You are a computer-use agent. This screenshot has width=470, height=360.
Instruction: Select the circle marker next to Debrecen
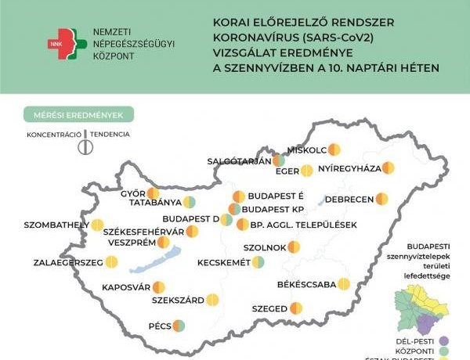(x=381, y=199)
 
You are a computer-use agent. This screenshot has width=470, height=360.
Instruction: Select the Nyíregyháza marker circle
(x=388, y=167)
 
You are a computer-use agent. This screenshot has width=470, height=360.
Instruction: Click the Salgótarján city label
(x=238, y=161)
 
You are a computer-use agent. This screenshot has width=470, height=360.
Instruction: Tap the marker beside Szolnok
(x=293, y=247)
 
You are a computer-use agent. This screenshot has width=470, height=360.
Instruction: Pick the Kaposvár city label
(x=125, y=287)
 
